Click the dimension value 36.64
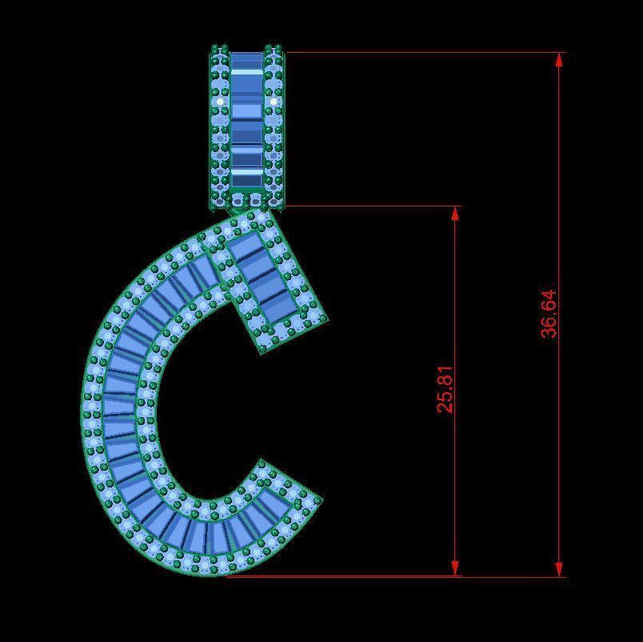pyautogui.click(x=548, y=314)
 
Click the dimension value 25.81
pyautogui.click(x=445, y=389)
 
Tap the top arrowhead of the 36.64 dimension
pyautogui.click(x=559, y=59)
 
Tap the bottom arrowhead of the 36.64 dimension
pyautogui.click(x=559, y=569)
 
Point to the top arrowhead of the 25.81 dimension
pyautogui.click(x=456, y=213)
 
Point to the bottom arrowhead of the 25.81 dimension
pyautogui.click(x=456, y=568)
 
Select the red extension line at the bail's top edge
pyautogui.click(x=424, y=53)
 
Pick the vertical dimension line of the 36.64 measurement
pyautogui.click(x=559, y=200)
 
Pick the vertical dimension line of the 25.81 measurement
pyautogui.click(x=456, y=480)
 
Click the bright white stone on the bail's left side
pyautogui.click(x=221, y=102)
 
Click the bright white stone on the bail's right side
pyautogui.click(x=274, y=102)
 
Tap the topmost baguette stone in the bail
pyautogui.click(x=246, y=61)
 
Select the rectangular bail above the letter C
pyautogui.click(x=246, y=128)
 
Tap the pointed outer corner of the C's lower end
pyautogui.click(x=321, y=500)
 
